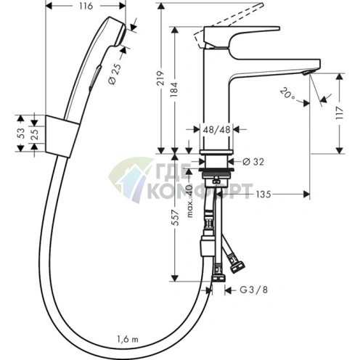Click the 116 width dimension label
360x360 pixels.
tap(86, 6)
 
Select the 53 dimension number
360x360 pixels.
tap(21, 134)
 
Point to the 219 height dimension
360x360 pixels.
tap(160, 78)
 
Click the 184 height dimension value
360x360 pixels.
tap(173, 90)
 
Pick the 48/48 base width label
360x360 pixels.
tap(216, 130)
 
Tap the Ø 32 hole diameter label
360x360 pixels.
tap(253, 162)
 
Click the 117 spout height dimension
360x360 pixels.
tap(340, 112)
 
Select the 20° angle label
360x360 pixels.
tap(287, 94)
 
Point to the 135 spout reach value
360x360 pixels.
tap(263, 194)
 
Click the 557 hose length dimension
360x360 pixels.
tap(176, 218)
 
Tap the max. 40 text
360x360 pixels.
tap(190, 201)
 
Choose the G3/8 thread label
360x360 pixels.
tap(254, 290)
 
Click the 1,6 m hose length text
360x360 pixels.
tap(128, 340)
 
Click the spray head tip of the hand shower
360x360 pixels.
tap(121, 34)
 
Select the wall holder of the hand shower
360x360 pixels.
tap(62, 136)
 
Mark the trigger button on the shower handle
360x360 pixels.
tap(95, 78)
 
